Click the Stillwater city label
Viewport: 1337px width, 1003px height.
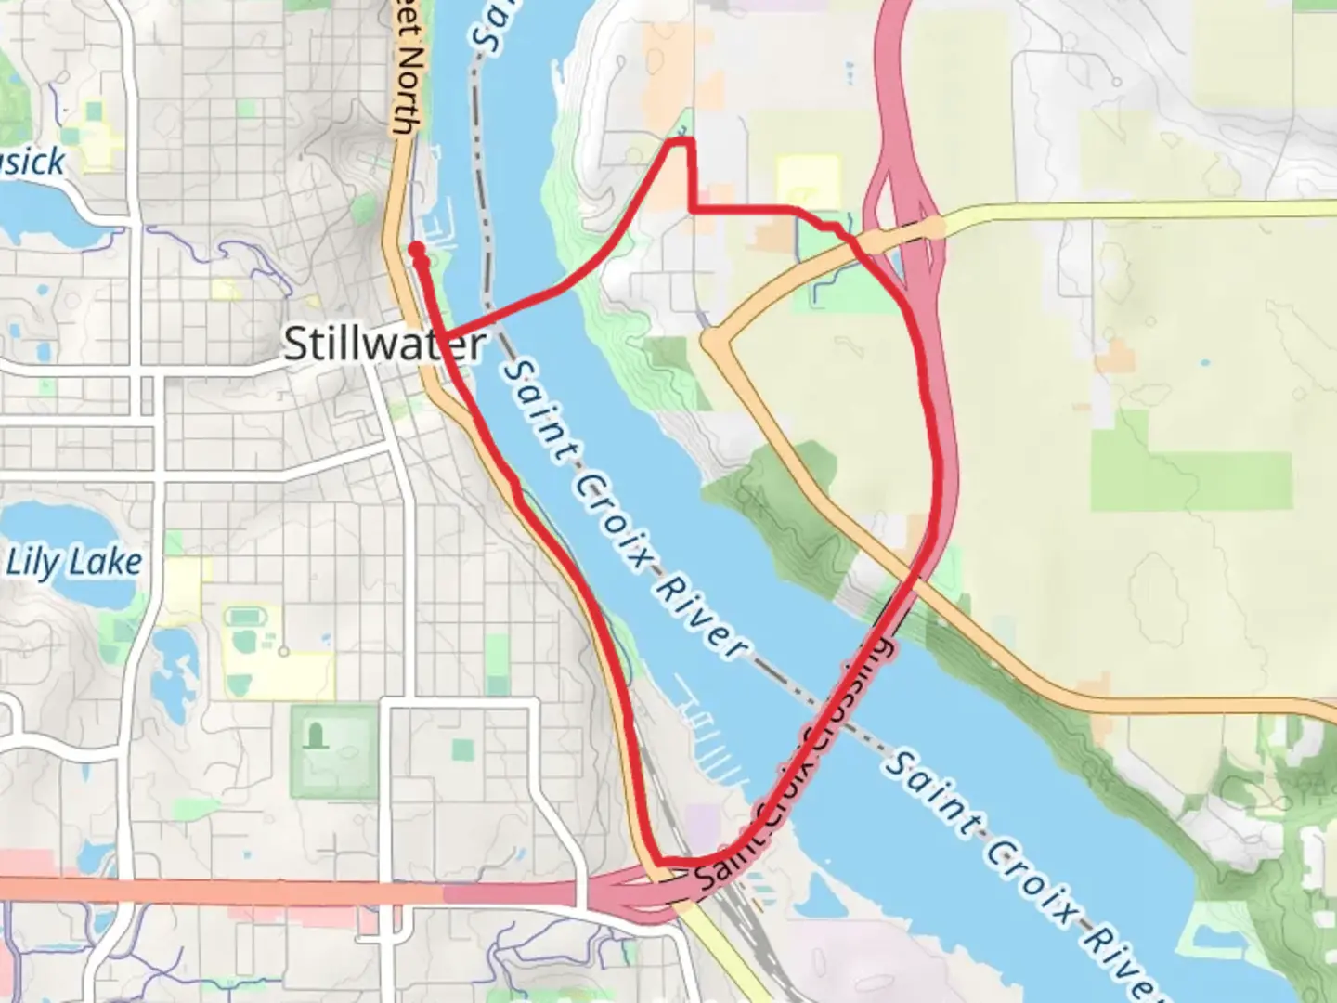[x=383, y=345]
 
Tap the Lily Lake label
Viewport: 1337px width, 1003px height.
[x=74, y=563]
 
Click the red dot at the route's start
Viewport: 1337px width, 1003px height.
[x=416, y=249]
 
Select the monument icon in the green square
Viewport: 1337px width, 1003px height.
[x=318, y=736]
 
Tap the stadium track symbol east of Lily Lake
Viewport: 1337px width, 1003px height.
[x=243, y=617]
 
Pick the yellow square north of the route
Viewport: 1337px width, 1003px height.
[x=808, y=181]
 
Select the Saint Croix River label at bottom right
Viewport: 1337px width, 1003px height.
[x=1021, y=873]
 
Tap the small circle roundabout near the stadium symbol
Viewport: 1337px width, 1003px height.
[x=284, y=651]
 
